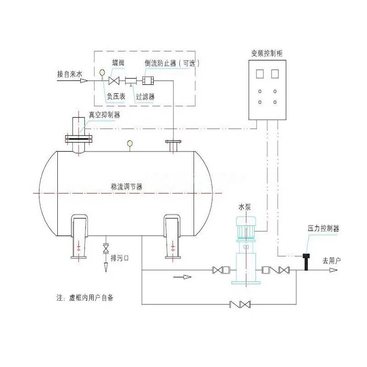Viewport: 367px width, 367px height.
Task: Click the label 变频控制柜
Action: pyautogui.click(x=267, y=54)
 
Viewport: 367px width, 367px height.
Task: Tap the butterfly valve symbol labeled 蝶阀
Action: pyautogui.click(x=114, y=81)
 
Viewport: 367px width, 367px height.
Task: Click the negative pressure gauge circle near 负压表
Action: pyautogui.click(x=101, y=72)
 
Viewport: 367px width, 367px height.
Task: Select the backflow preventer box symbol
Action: pyautogui.click(x=148, y=81)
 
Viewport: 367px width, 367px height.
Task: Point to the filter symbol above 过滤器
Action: pyautogui.click(x=130, y=81)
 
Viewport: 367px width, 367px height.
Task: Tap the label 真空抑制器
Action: pyautogui.click(x=104, y=115)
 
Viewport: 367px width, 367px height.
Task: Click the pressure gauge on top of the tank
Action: pyautogui.click(x=130, y=144)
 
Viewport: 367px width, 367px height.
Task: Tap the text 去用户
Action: pyautogui.click(x=331, y=260)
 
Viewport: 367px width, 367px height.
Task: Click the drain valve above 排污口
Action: pyautogui.click(x=106, y=248)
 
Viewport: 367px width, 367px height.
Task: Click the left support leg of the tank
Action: pyautogui.click(x=79, y=234)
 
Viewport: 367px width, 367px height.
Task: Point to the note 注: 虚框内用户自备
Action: pyautogui.click(x=85, y=297)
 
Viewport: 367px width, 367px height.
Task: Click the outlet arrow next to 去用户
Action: pyautogui.click(x=333, y=270)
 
